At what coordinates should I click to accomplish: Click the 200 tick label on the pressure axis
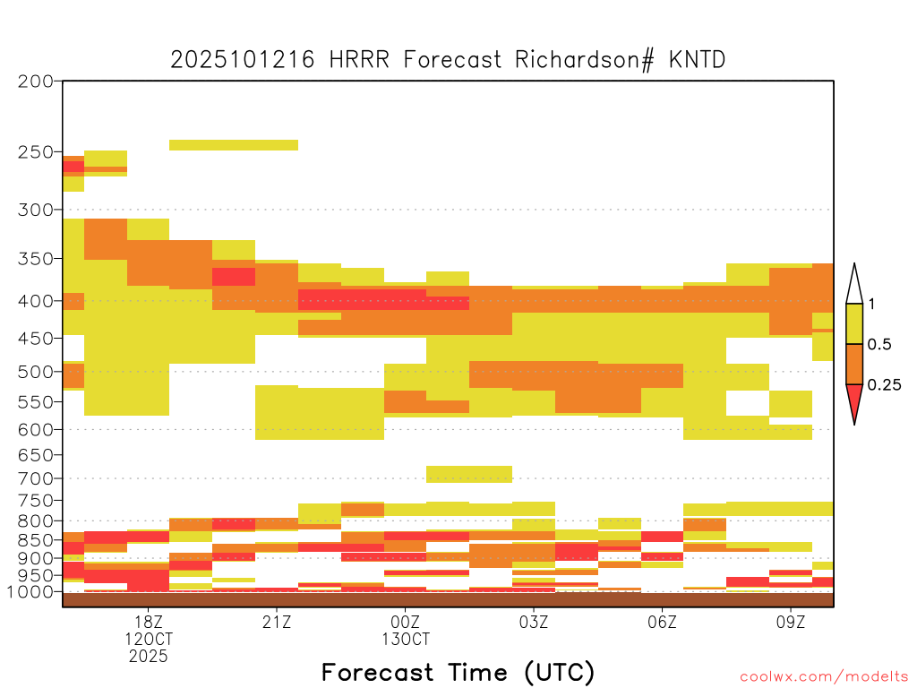click(x=35, y=82)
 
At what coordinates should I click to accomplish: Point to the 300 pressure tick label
click(x=35, y=210)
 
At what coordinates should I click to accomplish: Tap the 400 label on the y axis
click(x=35, y=301)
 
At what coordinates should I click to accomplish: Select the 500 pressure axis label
click(x=35, y=372)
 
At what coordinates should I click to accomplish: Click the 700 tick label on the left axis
click(x=35, y=478)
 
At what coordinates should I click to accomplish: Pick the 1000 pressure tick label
click(x=30, y=592)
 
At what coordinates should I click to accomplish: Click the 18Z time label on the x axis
click(x=149, y=622)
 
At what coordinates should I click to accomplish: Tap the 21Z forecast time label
click(x=277, y=622)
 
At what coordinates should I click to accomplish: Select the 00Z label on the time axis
click(x=406, y=622)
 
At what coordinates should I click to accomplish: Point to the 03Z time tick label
click(x=534, y=622)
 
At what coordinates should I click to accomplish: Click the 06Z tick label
click(x=662, y=622)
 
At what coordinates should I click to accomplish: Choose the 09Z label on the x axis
click(x=791, y=622)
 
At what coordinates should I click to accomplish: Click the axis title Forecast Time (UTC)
click(x=458, y=673)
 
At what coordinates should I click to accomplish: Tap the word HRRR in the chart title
click(x=359, y=60)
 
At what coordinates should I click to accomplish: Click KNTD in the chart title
click(x=697, y=60)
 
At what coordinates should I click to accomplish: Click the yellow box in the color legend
click(x=854, y=323)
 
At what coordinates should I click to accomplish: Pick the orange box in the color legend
click(x=854, y=364)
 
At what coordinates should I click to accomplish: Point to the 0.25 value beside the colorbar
click(x=884, y=385)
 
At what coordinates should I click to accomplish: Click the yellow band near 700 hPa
click(x=469, y=474)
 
